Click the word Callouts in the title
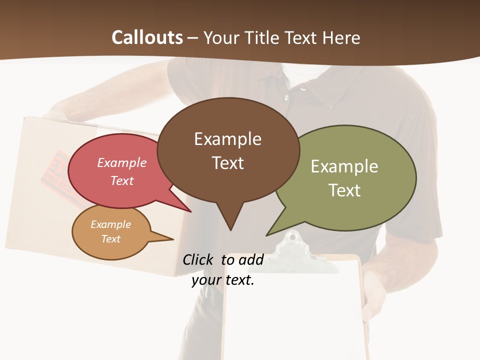point(147,37)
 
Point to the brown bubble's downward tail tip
point(230,229)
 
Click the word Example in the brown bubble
point(227,139)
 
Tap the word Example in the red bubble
point(121,162)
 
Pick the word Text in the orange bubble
point(110,239)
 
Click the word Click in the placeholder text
point(198,259)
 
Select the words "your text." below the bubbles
point(223,280)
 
